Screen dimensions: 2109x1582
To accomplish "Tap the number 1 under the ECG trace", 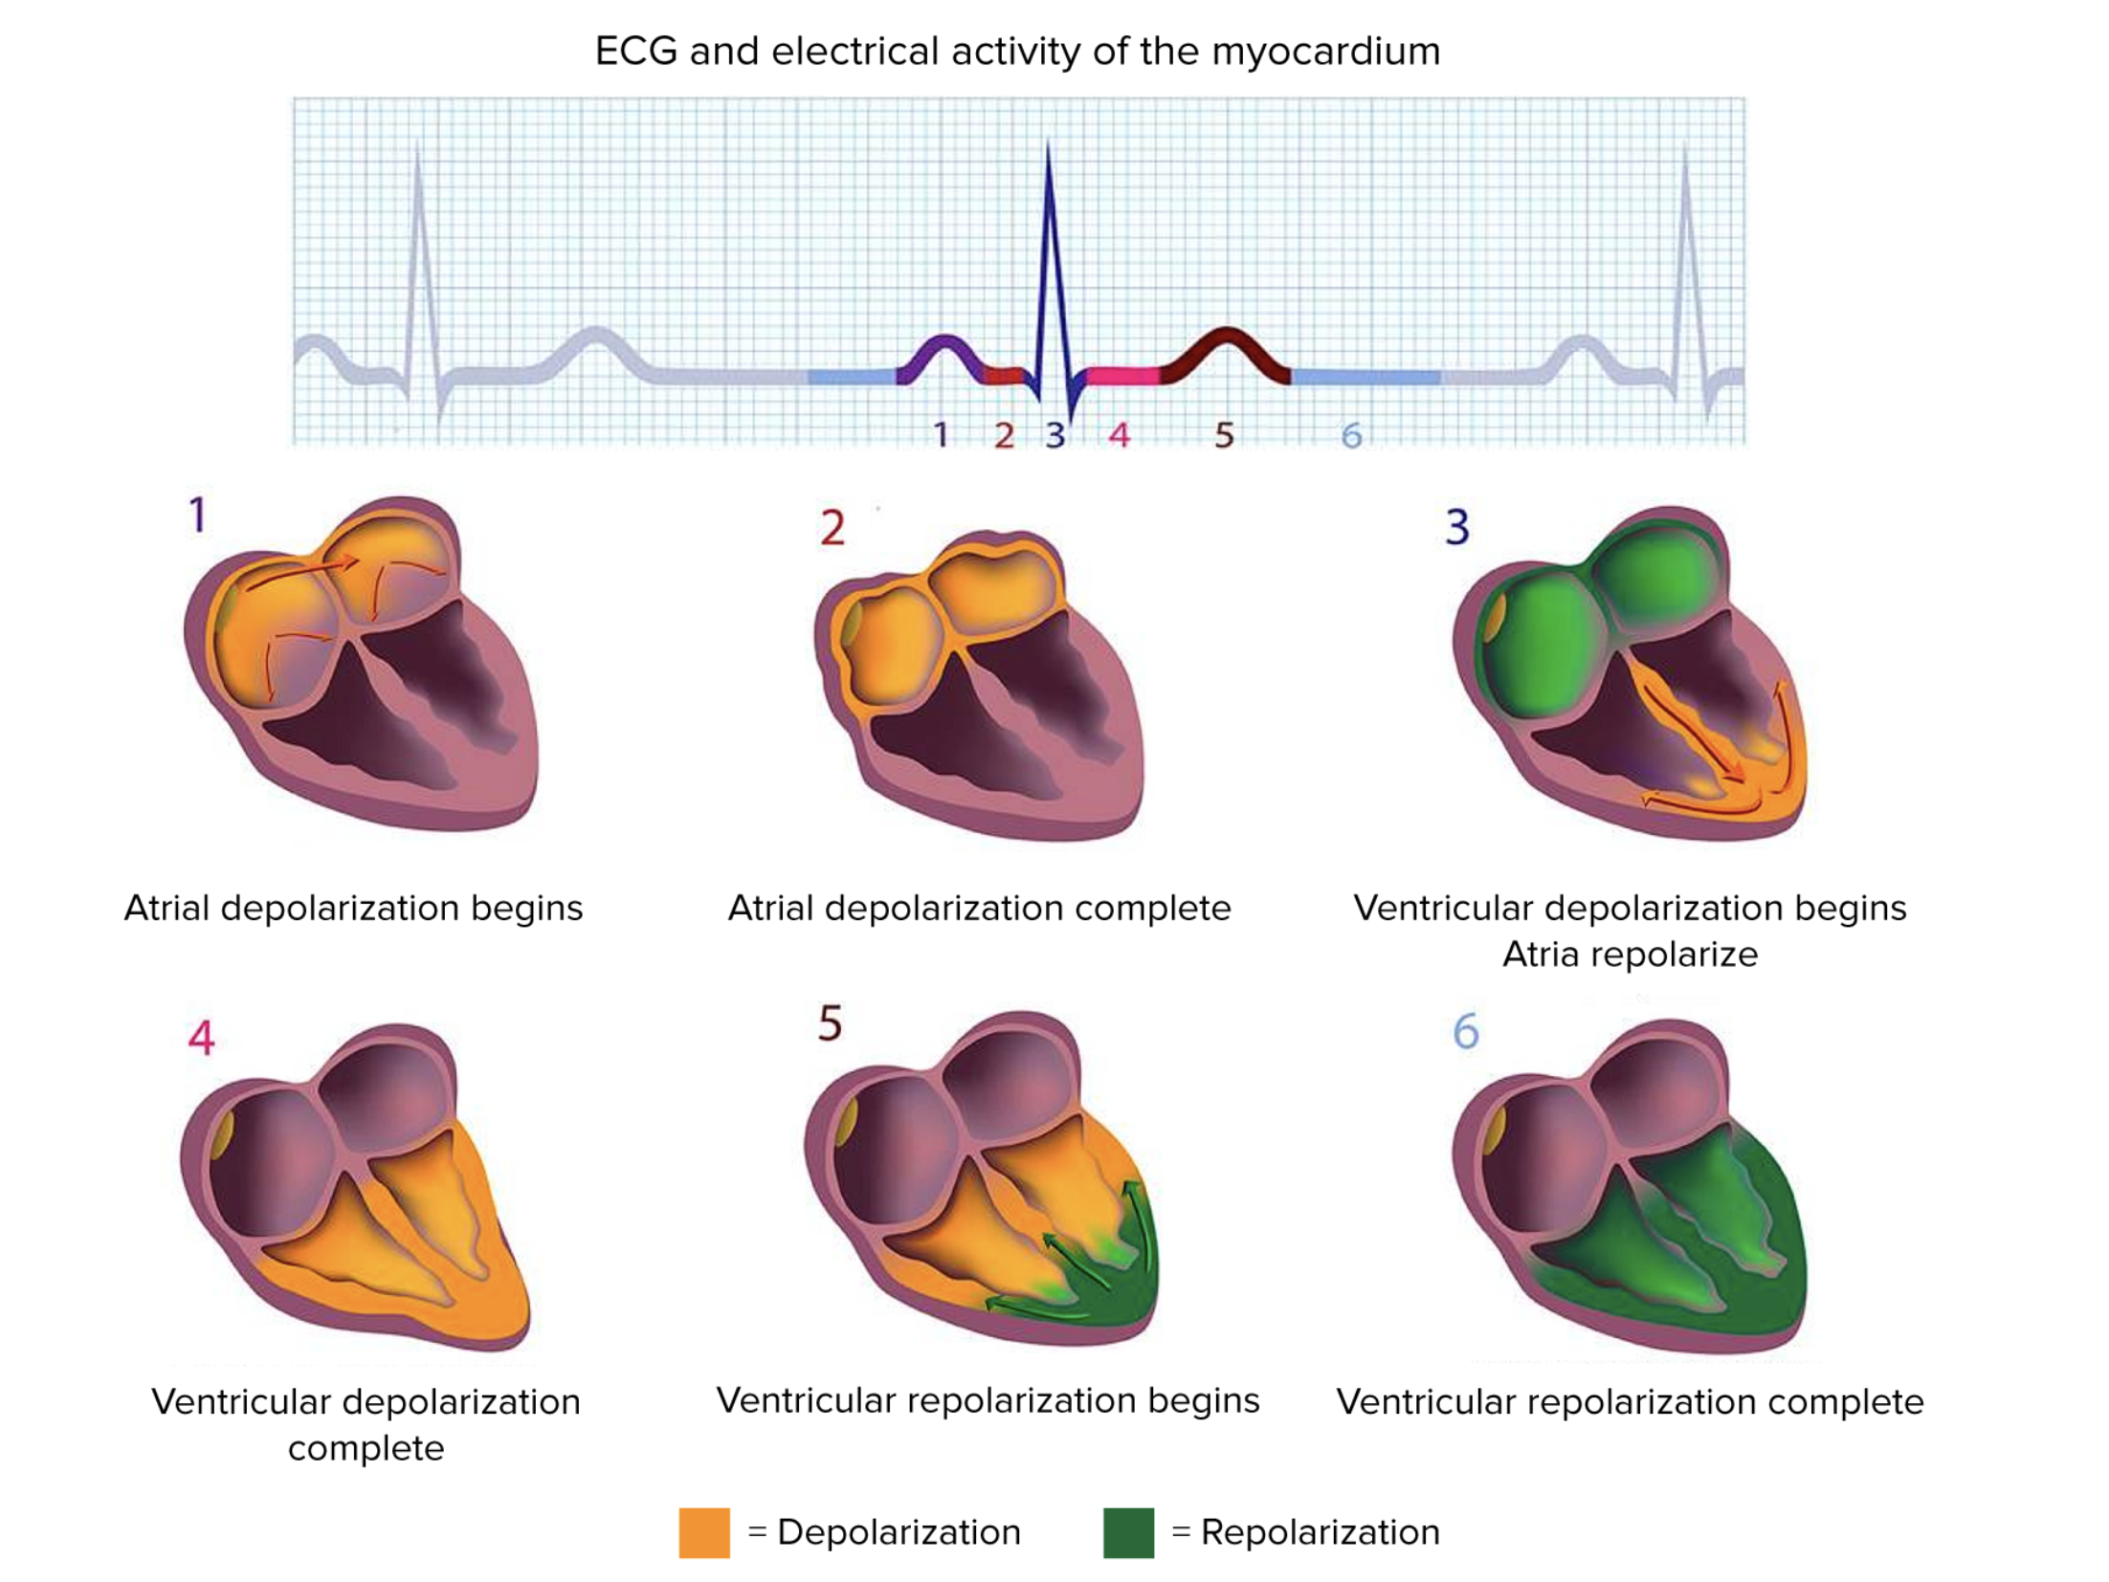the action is (x=941, y=435).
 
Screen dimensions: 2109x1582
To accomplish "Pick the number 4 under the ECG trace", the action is (x=1119, y=435).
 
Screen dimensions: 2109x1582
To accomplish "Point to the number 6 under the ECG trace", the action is (x=1350, y=436).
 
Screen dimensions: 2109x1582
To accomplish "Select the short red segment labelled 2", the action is (x=1004, y=376).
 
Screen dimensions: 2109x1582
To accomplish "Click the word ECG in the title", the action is (x=635, y=52).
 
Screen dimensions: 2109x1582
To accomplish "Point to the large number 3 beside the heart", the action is (x=1456, y=526).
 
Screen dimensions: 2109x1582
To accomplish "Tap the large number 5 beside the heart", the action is (x=830, y=1023).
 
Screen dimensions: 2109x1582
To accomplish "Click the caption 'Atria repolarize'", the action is (x=1629, y=954).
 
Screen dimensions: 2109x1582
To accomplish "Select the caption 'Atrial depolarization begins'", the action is (x=353, y=908).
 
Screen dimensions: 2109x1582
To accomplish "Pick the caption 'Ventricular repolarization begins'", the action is (x=988, y=1400).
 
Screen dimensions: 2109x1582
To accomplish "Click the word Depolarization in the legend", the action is (x=899, y=1531).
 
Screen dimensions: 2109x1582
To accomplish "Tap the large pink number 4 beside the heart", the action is (x=201, y=1037).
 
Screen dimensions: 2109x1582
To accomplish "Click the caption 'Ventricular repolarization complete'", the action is (x=1629, y=1401).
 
